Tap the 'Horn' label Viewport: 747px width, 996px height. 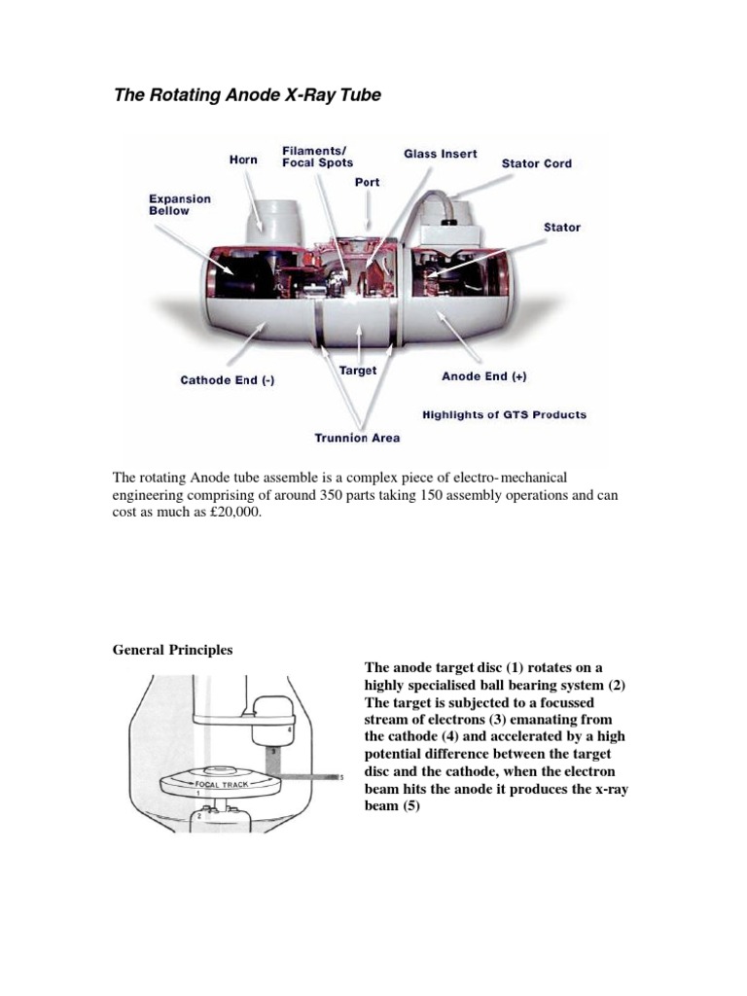point(242,160)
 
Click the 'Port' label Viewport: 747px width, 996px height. point(367,182)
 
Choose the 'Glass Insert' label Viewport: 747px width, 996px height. point(441,154)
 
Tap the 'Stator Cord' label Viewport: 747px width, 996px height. point(536,163)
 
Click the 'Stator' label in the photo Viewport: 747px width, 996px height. point(561,227)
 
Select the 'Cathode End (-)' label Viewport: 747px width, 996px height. point(228,380)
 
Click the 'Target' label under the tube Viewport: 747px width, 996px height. point(357,371)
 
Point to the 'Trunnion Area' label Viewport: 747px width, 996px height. point(357,438)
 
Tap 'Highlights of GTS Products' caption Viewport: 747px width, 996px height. point(504,414)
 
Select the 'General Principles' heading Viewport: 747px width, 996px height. point(173,650)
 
